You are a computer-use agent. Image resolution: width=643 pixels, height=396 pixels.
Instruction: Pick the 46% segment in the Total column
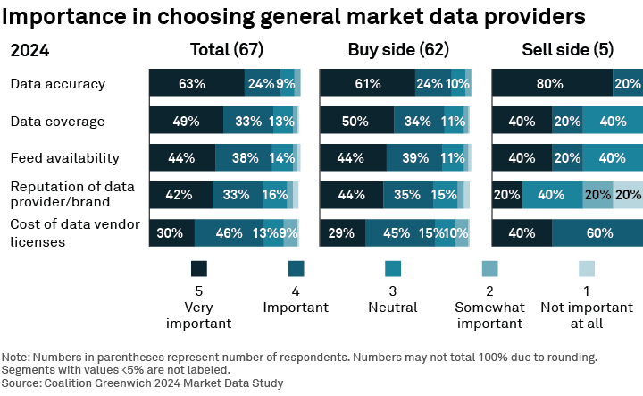coord(229,232)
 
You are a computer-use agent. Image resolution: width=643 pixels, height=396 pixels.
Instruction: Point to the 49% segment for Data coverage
coord(186,121)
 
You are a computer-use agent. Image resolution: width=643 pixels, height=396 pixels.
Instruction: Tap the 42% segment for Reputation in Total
coord(180,195)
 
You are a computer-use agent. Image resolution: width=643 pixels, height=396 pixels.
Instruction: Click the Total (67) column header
coord(227,50)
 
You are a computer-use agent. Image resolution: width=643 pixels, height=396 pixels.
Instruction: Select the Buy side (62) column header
coord(398,50)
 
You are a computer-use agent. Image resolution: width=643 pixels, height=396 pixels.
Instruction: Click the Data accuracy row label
coord(58,84)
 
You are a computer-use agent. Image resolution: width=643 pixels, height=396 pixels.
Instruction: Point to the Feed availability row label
coord(64,158)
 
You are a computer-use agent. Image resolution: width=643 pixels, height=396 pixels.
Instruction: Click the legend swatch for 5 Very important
coord(199,269)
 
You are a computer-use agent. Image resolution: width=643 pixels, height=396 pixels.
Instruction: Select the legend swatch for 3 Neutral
coord(393,269)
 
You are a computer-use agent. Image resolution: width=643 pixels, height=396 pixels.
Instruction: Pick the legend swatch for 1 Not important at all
coord(587,269)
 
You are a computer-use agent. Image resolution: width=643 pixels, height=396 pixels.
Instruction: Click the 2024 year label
coord(29,51)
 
